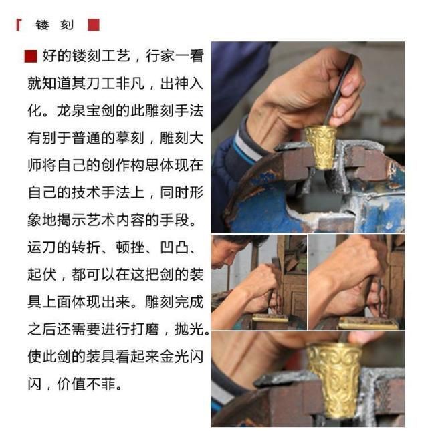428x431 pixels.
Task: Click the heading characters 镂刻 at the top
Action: [54, 25]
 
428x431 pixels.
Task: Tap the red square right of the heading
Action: [94, 25]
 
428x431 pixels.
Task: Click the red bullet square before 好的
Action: [31, 56]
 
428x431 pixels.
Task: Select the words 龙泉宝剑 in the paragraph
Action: [86, 111]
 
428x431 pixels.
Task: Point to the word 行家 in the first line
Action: [160, 56]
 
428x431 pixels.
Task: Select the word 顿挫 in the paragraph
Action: [130, 247]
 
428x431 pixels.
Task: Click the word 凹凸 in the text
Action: [175, 247]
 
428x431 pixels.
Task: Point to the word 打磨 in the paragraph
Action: [144, 329]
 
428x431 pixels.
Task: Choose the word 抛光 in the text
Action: [189, 329]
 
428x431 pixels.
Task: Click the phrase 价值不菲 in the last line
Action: [86, 384]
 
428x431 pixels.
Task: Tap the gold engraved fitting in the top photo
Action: [321, 147]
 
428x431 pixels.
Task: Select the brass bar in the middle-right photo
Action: [368, 323]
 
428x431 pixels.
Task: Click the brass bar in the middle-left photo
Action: [270, 318]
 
